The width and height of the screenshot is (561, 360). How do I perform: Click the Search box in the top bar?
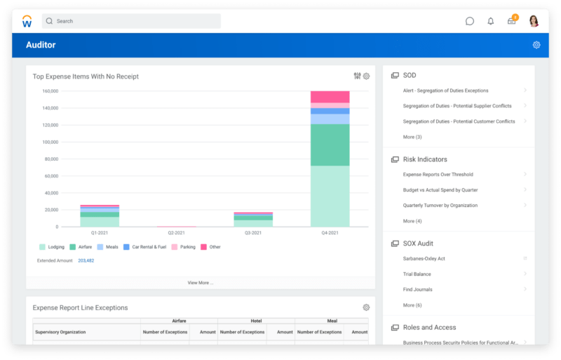(131, 21)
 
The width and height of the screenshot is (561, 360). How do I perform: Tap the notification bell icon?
(491, 21)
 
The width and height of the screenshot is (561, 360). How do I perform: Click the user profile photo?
(534, 21)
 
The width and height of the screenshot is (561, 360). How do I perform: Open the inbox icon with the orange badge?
(512, 21)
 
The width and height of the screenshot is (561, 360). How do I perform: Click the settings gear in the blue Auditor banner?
(536, 45)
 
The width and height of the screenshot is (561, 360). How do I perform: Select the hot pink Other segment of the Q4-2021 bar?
(330, 97)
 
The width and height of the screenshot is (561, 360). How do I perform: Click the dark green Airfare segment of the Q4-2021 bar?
(330, 145)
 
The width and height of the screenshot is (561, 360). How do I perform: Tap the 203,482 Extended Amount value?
(86, 260)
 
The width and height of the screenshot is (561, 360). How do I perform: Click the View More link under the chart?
(200, 283)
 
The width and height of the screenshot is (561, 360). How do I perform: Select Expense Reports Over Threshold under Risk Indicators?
(438, 175)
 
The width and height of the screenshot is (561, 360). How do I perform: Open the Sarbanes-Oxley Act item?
(424, 259)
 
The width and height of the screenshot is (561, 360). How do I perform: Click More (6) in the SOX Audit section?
(412, 305)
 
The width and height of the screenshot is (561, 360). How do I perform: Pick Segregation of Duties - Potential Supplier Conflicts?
(457, 106)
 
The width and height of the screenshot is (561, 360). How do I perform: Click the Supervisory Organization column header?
(60, 332)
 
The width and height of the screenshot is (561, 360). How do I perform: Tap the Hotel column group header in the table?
(256, 321)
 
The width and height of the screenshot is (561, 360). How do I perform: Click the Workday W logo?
(27, 21)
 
